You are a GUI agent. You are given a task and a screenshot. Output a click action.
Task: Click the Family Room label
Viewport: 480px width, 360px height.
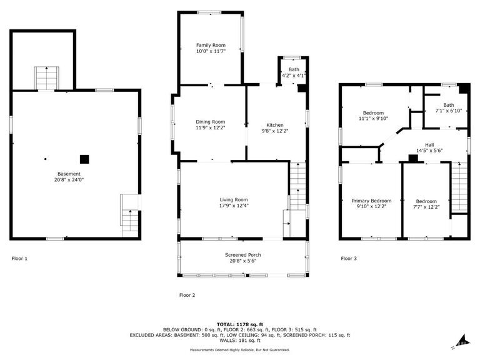pyautogui.click(x=211, y=45)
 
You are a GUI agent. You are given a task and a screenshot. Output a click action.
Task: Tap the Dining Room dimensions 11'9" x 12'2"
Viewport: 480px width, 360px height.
pyautogui.click(x=210, y=127)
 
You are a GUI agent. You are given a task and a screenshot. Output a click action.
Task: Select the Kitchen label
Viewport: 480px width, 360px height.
pyautogui.click(x=275, y=125)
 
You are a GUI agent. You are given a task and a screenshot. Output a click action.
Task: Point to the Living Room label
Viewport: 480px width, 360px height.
pyautogui.click(x=234, y=200)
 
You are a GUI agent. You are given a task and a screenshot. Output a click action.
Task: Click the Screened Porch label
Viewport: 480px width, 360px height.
pyautogui.click(x=242, y=255)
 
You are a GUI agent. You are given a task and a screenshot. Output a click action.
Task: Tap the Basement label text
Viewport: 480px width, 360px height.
pyautogui.click(x=69, y=174)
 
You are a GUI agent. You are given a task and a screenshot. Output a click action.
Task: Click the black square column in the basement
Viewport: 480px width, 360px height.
pyautogui.click(x=84, y=159)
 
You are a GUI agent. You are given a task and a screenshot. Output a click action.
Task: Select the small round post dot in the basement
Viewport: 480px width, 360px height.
pyautogui.click(x=45, y=159)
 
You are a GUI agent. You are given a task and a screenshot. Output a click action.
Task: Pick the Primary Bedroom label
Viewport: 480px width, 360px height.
pyautogui.click(x=371, y=201)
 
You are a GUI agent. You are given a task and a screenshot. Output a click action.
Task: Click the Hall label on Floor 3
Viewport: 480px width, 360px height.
pyautogui.click(x=429, y=145)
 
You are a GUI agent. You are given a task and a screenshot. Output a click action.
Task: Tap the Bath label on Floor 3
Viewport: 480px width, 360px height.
pyautogui.click(x=449, y=105)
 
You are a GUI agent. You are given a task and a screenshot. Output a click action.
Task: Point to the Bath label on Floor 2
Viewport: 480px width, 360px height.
pyautogui.click(x=294, y=69)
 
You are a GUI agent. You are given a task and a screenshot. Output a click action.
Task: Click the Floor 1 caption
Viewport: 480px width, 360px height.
pyautogui.click(x=19, y=258)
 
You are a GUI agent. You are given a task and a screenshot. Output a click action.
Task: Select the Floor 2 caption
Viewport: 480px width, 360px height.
pyautogui.click(x=187, y=295)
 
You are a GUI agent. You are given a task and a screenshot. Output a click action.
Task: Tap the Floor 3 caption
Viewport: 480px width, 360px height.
pyautogui.click(x=349, y=258)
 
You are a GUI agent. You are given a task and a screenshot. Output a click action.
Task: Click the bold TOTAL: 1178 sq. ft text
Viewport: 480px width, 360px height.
pyautogui.click(x=240, y=324)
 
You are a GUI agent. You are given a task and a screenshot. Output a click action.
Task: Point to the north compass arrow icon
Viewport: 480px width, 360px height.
pyautogui.click(x=461, y=341)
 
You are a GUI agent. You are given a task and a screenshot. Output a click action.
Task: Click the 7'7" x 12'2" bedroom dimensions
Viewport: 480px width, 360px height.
pyautogui.click(x=426, y=207)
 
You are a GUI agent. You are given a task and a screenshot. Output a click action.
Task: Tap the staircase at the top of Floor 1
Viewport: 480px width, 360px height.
pyautogui.click(x=46, y=78)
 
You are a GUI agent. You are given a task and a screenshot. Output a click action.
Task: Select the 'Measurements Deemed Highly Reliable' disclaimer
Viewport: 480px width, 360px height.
pyautogui.click(x=240, y=349)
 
